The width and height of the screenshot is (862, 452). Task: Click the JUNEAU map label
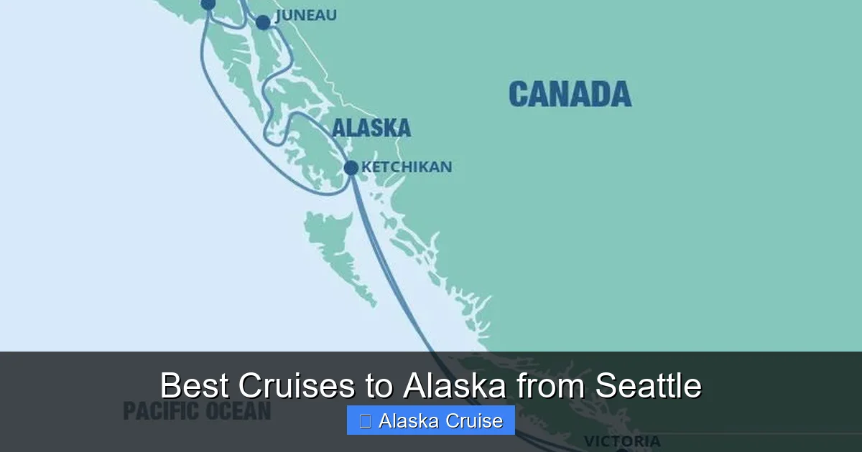[x=306, y=15]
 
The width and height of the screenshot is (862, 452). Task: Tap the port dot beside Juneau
[x=263, y=22]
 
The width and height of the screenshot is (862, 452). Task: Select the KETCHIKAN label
[x=406, y=167]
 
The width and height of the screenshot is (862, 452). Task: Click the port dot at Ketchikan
[x=351, y=168]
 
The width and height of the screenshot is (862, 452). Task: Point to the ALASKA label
[x=371, y=128]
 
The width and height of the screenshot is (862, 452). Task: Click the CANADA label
[x=570, y=94]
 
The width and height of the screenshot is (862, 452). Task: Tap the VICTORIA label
[x=621, y=441]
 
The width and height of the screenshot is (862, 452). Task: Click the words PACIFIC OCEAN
[x=197, y=411]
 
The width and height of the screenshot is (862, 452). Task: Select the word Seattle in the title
[x=648, y=386]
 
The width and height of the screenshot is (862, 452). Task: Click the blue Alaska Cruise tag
[x=430, y=420]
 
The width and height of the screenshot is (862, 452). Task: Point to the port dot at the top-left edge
[x=208, y=4]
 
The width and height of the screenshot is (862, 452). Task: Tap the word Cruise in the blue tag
[x=471, y=421]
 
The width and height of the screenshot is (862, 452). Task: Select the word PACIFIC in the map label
[x=158, y=411]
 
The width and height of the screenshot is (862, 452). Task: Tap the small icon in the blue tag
[x=365, y=421]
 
